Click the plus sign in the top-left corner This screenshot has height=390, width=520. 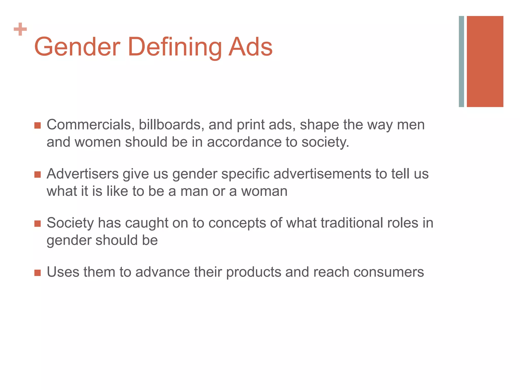(20, 29)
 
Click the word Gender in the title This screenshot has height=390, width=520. (77, 47)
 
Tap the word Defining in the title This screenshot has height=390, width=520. (175, 47)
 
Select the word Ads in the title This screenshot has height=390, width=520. (250, 47)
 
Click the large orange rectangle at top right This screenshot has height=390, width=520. (485, 61)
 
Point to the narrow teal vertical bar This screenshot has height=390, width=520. (461, 61)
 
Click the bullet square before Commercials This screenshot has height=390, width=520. (38, 125)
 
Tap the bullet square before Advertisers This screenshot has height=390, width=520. (38, 174)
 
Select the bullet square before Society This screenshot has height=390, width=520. (38, 223)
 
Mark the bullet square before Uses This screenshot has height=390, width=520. (38, 273)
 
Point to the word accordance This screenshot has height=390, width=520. (244, 142)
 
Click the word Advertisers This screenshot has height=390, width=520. (83, 174)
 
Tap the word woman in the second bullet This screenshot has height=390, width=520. (264, 191)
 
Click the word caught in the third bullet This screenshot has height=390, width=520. (147, 223)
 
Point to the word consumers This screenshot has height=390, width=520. (388, 272)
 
